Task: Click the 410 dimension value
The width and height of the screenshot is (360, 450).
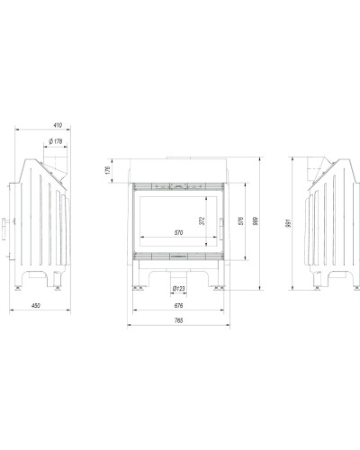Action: point(58,125)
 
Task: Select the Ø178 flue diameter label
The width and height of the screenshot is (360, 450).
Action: point(55,141)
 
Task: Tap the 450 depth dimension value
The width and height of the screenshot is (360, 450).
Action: point(36,306)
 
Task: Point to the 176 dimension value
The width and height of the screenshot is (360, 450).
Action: point(108,170)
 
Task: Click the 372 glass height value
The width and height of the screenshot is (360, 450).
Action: point(202,220)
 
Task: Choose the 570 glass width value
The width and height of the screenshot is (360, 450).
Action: point(178,232)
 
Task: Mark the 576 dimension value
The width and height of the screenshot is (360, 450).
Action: point(241,221)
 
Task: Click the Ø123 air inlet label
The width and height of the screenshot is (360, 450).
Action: point(179,289)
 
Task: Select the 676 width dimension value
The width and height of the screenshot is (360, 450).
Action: point(178,306)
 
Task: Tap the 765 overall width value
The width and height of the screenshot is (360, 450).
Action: point(178,320)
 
